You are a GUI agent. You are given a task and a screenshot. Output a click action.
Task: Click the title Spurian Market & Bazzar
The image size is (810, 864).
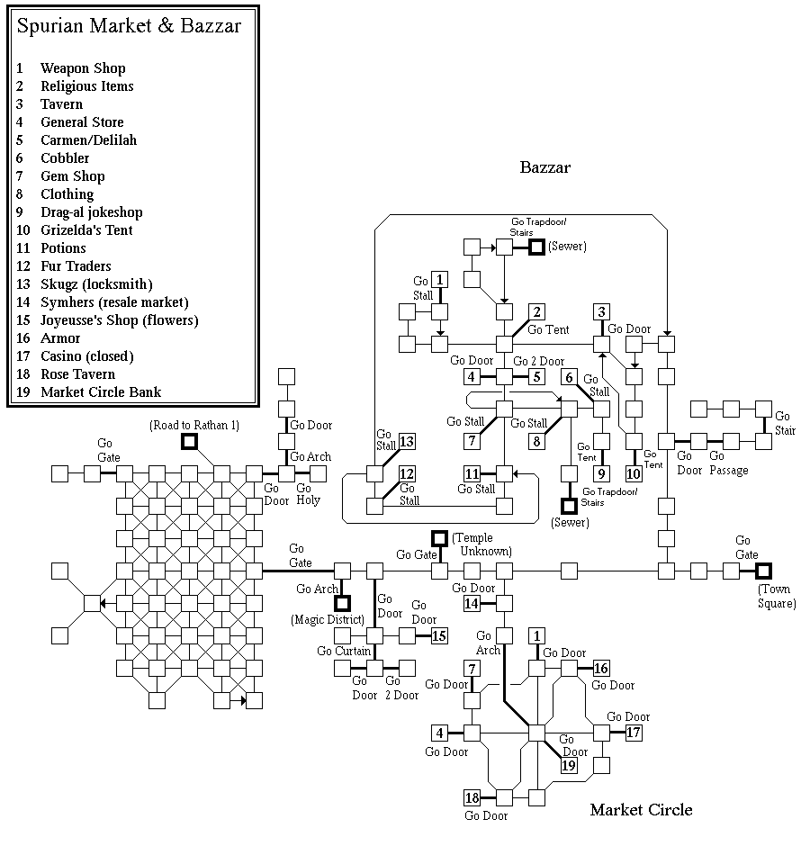[129, 26]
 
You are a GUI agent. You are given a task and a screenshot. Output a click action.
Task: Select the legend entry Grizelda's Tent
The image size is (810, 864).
[85, 230]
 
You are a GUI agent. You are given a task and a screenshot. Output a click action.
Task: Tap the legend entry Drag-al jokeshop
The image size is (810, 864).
[91, 212]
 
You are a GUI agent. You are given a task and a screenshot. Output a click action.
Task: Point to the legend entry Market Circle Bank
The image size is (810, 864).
[101, 392]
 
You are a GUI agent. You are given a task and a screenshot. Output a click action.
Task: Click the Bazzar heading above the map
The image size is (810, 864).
[545, 167]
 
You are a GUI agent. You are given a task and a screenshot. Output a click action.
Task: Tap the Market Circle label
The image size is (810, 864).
[641, 810]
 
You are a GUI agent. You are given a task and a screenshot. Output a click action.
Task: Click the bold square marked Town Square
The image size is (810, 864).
[763, 571]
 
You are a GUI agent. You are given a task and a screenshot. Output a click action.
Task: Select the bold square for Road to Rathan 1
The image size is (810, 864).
[189, 441]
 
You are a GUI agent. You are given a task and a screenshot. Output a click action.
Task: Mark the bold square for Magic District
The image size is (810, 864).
[342, 603]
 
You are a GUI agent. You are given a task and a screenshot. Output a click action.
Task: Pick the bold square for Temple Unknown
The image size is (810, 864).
[439, 538]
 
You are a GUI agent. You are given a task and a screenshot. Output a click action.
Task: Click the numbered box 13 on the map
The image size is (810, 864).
[407, 441]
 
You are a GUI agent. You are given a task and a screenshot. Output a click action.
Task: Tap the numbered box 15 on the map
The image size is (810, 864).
[439, 636]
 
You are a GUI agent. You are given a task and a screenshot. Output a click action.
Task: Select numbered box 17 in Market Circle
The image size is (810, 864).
[634, 733]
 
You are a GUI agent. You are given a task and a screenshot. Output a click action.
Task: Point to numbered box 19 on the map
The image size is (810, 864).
[569, 766]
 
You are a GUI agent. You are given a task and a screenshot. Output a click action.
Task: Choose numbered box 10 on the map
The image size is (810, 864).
[634, 473]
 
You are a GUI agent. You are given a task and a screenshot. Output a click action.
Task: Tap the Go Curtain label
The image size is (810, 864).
[344, 651]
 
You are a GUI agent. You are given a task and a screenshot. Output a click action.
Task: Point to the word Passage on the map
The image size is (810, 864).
[728, 471]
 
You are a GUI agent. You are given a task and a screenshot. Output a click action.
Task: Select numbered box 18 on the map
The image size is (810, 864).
[472, 797]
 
